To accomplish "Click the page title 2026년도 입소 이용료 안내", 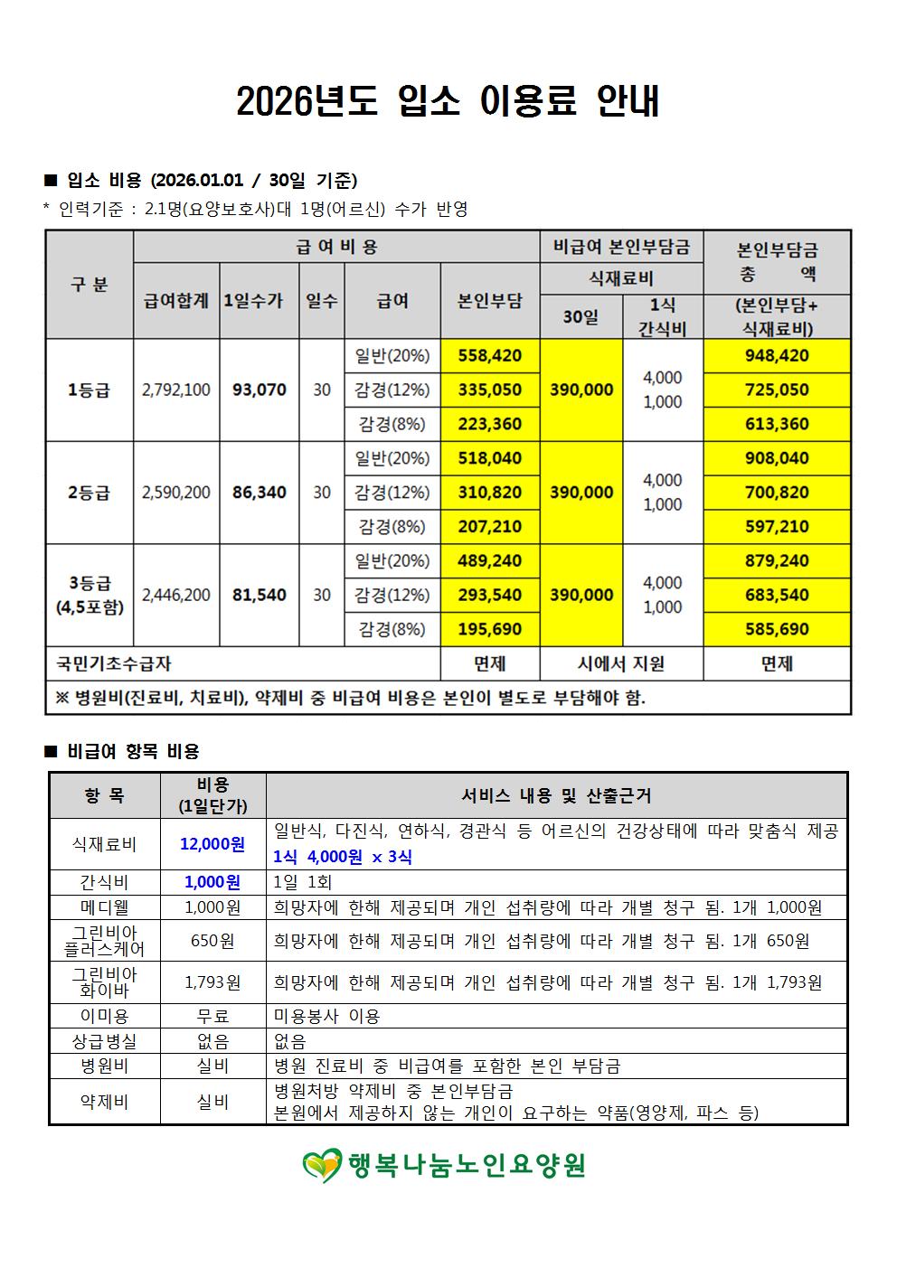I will point(448,102).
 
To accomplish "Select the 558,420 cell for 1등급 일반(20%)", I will point(489,355).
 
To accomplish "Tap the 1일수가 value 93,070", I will point(259,390).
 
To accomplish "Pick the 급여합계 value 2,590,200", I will point(176,493).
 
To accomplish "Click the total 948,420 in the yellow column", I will point(776,355).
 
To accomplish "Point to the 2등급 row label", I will point(89,493).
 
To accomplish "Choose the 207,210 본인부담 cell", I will point(489,527).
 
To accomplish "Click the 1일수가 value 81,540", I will point(259,595).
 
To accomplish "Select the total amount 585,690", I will point(776,629).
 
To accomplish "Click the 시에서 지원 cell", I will point(621,663).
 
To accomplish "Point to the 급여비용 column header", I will point(336,246).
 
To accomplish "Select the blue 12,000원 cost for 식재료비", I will point(212,844).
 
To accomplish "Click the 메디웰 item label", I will point(104,907).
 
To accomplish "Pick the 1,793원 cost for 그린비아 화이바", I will point(212,982).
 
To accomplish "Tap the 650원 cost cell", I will point(212,941).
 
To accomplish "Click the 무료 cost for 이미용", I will point(212,1016).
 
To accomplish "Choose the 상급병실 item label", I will point(104,1041).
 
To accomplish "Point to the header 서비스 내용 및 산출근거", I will point(556,795).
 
